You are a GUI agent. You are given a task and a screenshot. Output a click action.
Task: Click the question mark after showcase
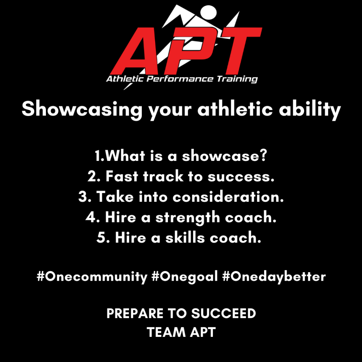click(x=263, y=156)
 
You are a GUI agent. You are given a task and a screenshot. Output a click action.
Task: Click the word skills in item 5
click(x=180, y=238)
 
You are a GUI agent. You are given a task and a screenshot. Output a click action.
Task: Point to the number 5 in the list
click(x=100, y=238)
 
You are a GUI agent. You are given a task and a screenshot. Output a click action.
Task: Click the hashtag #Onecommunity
click(x=92, y=276)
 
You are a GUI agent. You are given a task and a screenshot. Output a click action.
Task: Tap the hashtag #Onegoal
click(x=184, y=276)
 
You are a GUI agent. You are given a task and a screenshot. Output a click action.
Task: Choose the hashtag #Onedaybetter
click(x=274, y=276)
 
